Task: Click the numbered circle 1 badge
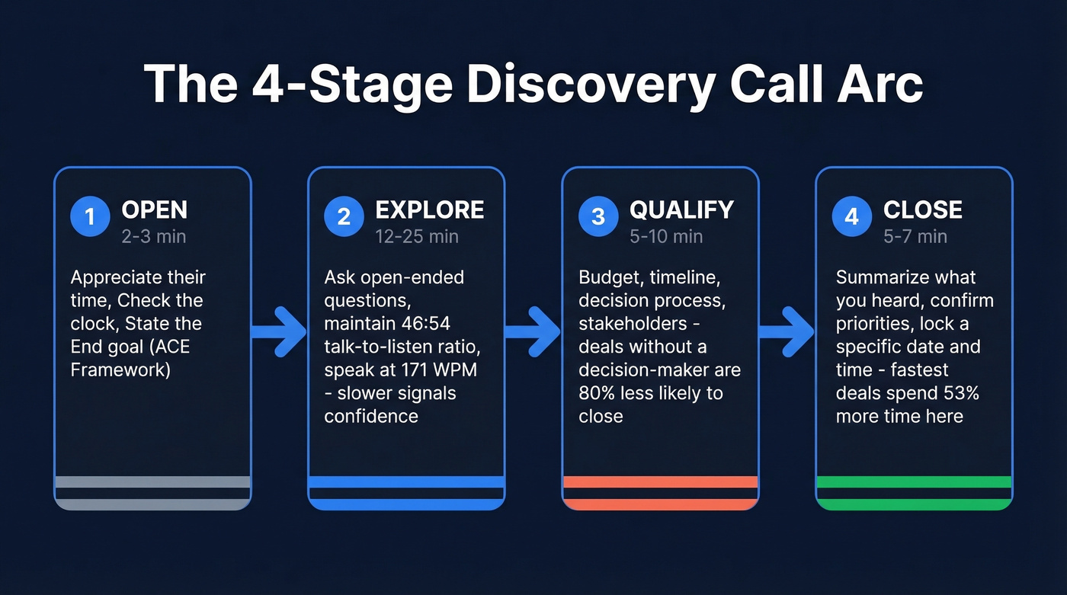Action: pos(90,217)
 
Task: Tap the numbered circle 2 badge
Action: pos(344,217)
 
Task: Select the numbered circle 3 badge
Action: pos(598,217)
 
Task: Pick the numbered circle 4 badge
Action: pos(852,217)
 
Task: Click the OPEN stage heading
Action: pos(154,210)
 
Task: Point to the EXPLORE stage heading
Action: pos(429,210)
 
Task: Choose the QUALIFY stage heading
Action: pos(681,210)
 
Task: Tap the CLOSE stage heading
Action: pos(922,210)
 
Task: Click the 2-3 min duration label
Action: pos(153,236)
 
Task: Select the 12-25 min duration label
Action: pos(417,236)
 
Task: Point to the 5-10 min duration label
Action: pos(666,236)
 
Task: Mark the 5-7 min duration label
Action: pos(915,236)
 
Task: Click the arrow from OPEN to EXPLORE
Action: pos(279,331)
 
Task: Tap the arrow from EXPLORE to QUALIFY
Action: pos(533,331)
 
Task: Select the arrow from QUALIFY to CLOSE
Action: pos(787,331)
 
